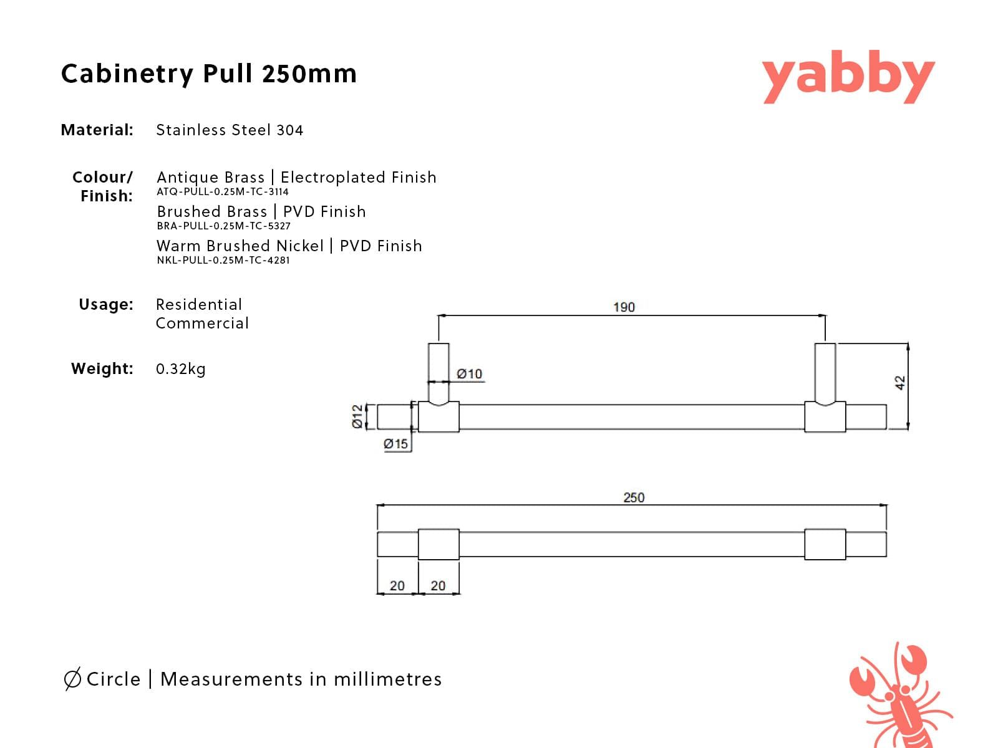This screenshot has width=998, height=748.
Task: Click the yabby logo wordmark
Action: (x=848, y=77)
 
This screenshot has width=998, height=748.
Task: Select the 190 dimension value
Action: (x=624, y=307)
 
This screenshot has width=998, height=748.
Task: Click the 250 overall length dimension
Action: (x=634, y=498)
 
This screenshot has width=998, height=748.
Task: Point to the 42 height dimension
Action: (x=900, y=383)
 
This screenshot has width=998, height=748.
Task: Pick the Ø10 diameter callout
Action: (x=469, y=374)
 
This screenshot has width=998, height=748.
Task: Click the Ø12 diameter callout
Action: (x=357, y=416)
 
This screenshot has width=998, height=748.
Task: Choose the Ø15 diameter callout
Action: (x=395, y=444)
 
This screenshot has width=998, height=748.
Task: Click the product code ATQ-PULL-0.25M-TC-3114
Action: (x=223, y=191)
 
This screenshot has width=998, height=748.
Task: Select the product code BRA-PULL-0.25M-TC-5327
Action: (x=224, y=226)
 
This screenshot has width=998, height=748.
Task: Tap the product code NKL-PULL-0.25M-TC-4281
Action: (x=223, y=260)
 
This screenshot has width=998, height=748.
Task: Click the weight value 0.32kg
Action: (x=180, y=369)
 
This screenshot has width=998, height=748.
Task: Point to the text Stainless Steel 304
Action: (x=230, y=130)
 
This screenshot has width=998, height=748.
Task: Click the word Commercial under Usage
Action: (x=202, y=324)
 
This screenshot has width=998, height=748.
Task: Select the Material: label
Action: (x=97, y=130)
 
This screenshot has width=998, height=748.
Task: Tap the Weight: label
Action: (x=102, y=368)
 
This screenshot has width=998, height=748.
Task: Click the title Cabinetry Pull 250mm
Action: (x=209, y=74)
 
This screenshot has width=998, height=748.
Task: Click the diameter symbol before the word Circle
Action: (x=72, y=679)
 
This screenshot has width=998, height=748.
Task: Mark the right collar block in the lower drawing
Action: (x=825, y=544)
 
